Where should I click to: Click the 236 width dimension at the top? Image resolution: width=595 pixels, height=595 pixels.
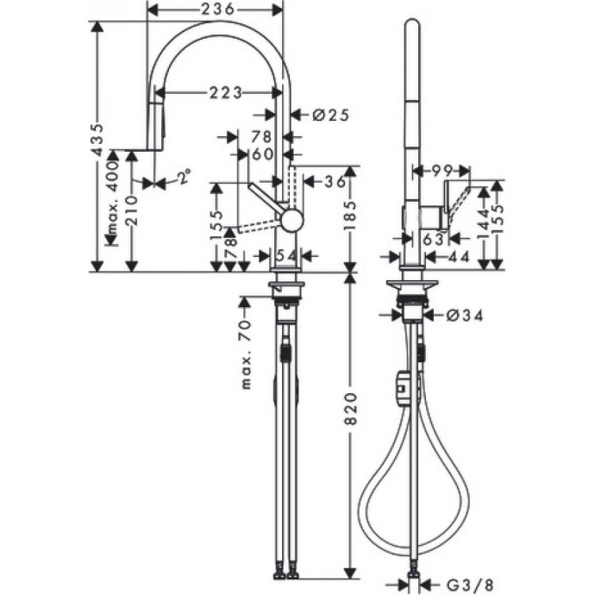click(x=215, y=9)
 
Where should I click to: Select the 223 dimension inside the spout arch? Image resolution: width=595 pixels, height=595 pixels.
click(x=223, y=92)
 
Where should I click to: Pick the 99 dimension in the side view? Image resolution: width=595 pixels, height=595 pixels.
click(x=442, y=170)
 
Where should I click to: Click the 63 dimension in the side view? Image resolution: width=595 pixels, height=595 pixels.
click(x=433, y=238)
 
